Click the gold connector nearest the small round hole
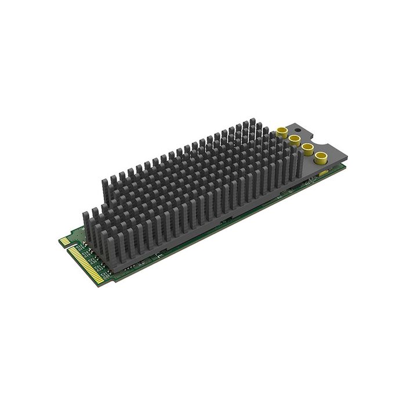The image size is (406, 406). [x=283, y=133]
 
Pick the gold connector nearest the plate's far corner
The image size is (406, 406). [x=320, y=157]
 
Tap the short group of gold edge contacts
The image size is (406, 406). [x=65, y=241]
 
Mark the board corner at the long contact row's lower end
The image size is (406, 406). [x=107, y=284]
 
